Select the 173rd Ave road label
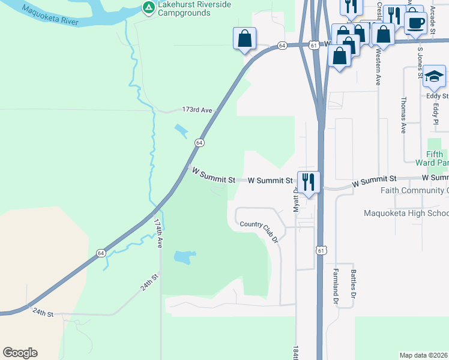(x=197, y=110)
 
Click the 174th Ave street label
(x=158, y=233)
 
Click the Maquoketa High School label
(x=406, y=214)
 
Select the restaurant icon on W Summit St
(x=309, y=181)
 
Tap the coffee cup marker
(x=415, y=23)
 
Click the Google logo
(x=20, y=353)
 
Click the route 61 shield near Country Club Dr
(x=321, y=250)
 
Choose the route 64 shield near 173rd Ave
(x=199, y=143)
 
